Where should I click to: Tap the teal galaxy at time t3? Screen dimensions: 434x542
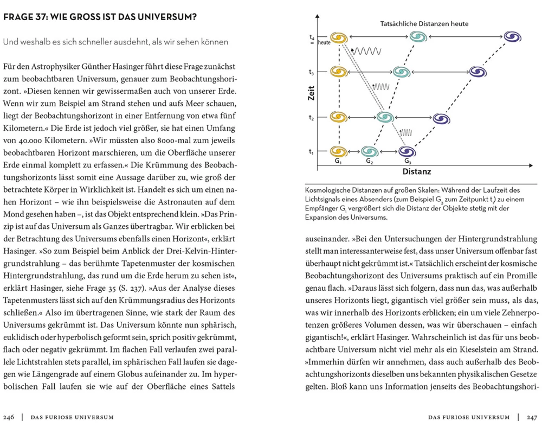(401, 72)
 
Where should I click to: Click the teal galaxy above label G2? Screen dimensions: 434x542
(370, 151)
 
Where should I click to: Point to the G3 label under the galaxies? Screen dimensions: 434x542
(408, 161)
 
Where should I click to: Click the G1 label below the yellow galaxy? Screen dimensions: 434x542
(338, 161)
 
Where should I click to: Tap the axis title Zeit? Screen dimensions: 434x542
(312, 96)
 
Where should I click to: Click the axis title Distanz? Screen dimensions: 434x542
(417, 172)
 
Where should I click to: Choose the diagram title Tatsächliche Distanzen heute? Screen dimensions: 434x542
(424, 24)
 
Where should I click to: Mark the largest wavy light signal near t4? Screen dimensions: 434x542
(369, 51)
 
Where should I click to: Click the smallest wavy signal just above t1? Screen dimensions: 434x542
(406, 132)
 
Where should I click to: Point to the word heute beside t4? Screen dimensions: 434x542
(324, 42)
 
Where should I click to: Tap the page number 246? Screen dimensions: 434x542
(9, 417)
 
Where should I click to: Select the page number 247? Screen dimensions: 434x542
(532, 417)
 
